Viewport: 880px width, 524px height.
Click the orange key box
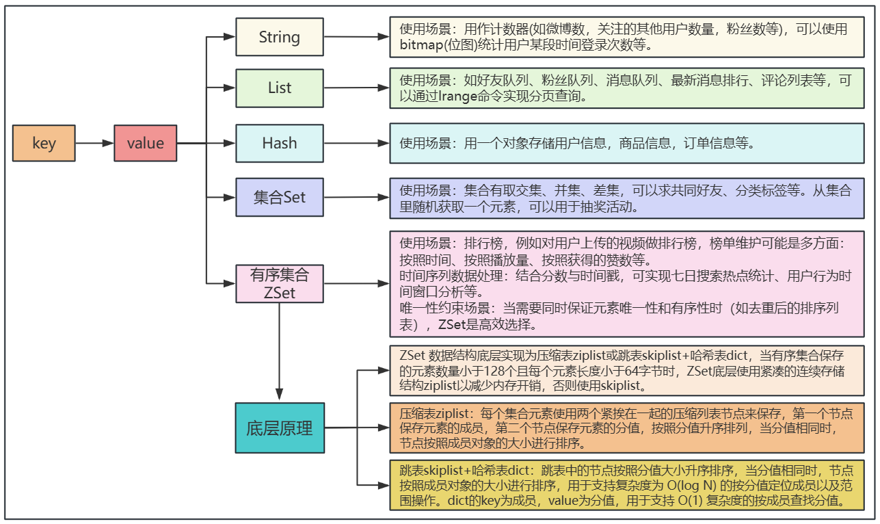click(44, 143)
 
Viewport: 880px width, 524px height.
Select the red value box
click(145, 143)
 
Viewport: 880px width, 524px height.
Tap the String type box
click(279, 37)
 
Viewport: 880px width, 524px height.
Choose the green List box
click(279, 88)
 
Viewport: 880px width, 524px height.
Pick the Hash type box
click(279, 143)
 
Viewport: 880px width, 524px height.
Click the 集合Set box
click(279, 198)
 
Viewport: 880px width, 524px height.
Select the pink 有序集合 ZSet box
click(279, 283)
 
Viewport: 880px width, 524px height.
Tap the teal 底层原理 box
click(279, 428)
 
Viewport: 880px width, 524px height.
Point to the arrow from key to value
click(94, 143)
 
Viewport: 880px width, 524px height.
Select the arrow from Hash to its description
click(356, 143)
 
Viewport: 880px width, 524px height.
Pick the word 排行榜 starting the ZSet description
click(474, 244)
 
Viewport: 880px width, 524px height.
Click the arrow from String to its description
click(356, 38)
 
